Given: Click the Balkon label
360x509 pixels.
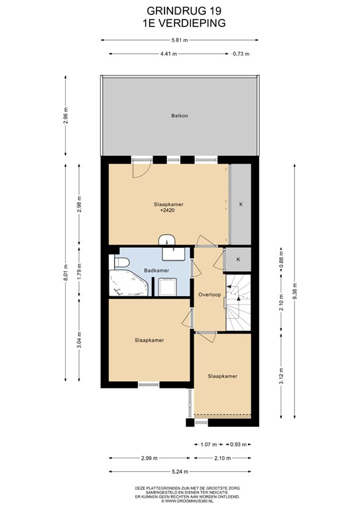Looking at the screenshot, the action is pos(180,115).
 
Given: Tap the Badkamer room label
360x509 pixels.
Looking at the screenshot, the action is pos(156,270).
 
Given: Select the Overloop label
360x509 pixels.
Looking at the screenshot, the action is pos(210,295).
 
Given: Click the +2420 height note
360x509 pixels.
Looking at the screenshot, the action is pos(168,210).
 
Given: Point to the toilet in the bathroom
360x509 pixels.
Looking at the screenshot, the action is pos(119,262).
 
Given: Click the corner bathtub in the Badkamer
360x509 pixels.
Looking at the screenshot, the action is pos(128,283).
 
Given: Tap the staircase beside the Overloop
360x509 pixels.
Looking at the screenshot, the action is pos(238,302).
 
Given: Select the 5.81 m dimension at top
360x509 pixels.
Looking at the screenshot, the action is pos(180,40).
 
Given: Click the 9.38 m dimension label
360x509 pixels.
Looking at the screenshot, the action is pos(295,292).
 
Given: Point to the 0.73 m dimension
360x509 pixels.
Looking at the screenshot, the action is pos(241,54).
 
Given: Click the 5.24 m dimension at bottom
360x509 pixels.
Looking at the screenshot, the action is pos(180,472).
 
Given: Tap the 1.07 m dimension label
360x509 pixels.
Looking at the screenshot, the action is pos(208,445).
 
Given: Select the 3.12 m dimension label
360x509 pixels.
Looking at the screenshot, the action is pos(282,376).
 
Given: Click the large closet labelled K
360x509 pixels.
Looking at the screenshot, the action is pos(240,204).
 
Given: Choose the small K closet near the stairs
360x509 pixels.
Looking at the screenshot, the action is pos(238,259).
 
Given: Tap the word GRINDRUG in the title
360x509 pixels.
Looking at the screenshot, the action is pos(173,11).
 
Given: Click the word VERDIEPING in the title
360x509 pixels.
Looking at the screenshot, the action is pos(190,23).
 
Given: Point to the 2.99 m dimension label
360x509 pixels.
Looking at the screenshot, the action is pos(149,459).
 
